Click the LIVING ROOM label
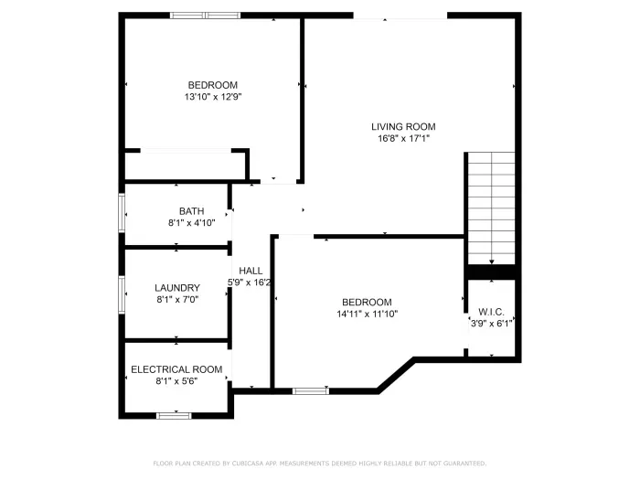403,126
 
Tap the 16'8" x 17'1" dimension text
403,139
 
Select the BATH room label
192,211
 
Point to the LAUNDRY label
176,287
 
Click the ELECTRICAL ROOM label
176,369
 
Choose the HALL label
251,271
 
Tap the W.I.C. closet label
492,311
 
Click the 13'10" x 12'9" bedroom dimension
213,96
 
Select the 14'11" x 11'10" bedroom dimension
367,314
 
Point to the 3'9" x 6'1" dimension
492,323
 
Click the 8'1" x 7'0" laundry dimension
176,299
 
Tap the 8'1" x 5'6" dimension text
176,381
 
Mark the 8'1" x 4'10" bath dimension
192,223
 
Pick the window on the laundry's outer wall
122,295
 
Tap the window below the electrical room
174,416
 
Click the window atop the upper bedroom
205,16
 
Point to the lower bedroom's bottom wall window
311,391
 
